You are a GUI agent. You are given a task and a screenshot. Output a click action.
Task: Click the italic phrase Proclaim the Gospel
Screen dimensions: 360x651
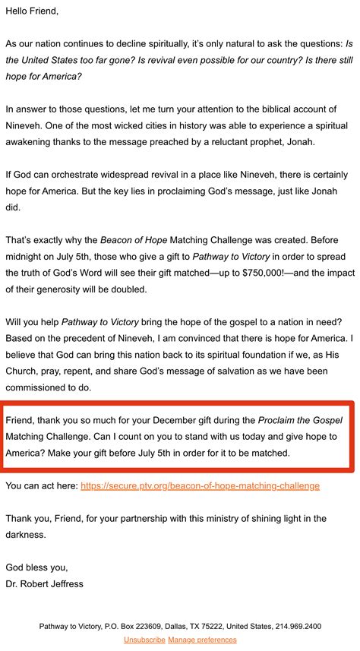300,420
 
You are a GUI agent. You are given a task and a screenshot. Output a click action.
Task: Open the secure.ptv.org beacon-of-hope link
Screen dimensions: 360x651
200,485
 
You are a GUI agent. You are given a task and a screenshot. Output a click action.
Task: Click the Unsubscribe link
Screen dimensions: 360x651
144,640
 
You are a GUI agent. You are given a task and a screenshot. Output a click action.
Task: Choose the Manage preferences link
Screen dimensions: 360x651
202,640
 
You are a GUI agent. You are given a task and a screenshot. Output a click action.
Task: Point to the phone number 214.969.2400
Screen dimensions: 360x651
298,627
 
